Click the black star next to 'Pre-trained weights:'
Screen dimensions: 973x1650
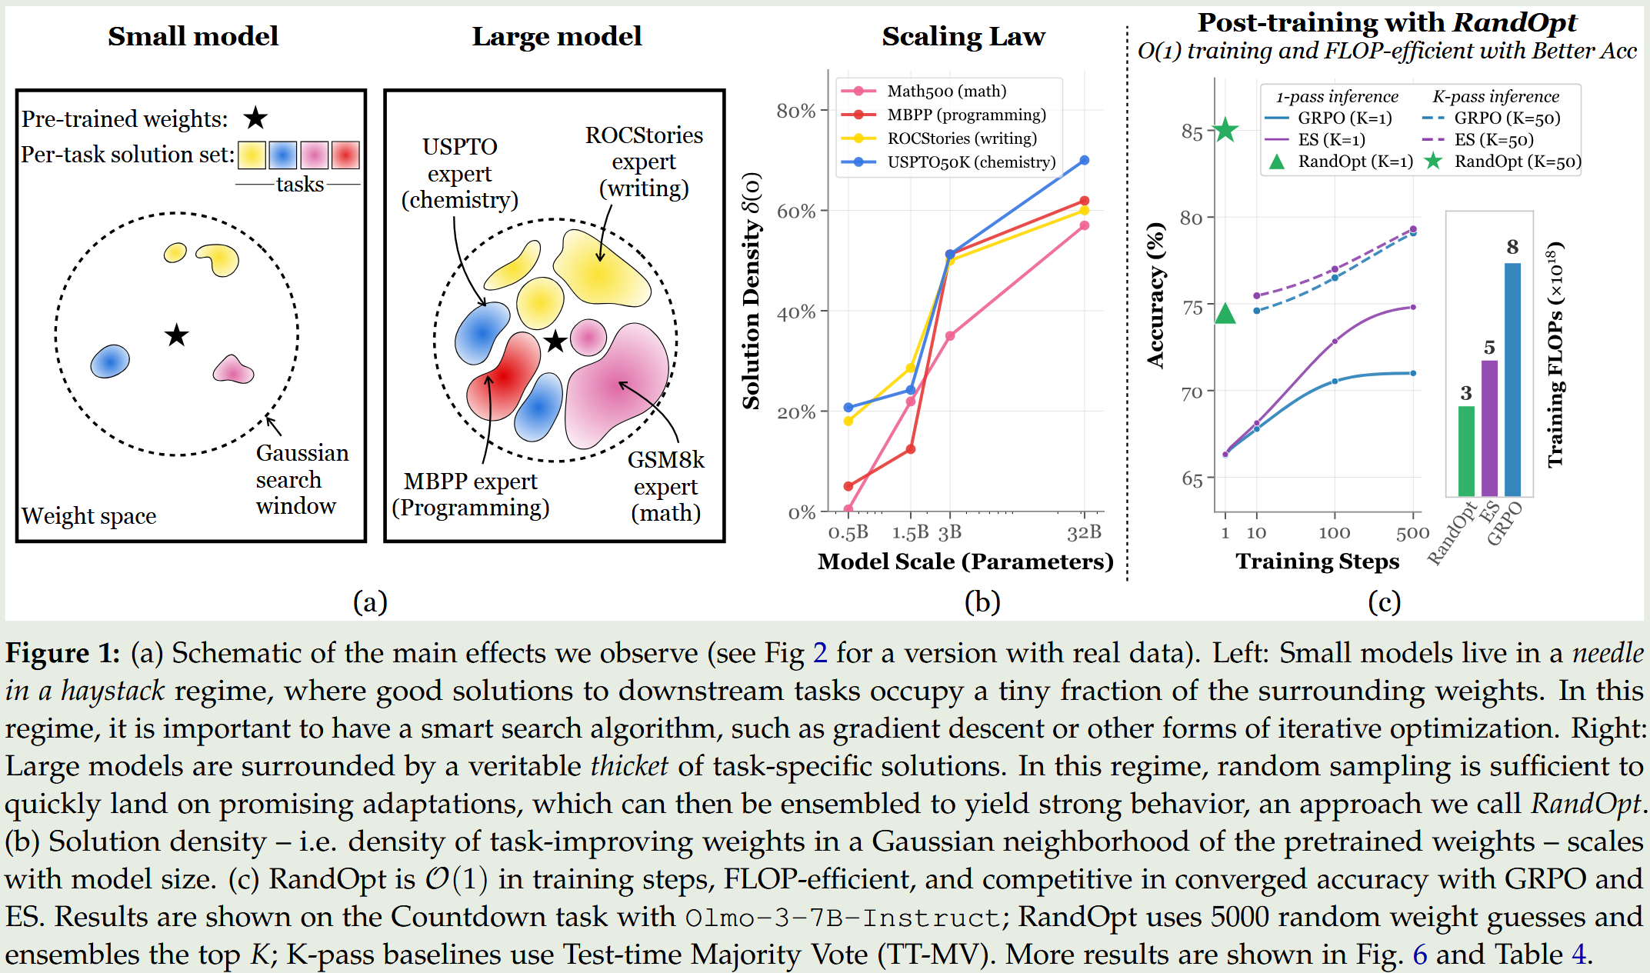pos(255,118)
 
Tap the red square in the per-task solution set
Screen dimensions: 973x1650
pos(345,155)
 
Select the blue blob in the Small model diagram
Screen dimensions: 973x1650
pos(110,361)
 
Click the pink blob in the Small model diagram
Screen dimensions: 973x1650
pos(232,371)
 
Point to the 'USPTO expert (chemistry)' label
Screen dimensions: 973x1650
pos(460,173)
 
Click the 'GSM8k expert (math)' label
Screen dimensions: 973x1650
pos(665,486)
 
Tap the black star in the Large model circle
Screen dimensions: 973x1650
pos(555,342)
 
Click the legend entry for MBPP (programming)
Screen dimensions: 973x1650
pos(966,115)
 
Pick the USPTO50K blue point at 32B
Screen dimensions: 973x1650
pos(1085,160)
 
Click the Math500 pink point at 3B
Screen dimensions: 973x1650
pos(950,336)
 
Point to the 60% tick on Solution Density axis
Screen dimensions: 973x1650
pos(796,212)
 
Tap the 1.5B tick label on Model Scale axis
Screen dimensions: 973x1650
pos(910,532)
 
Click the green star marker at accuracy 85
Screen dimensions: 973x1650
pos(1225,130)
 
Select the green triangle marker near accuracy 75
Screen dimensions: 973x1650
pos(1225,313)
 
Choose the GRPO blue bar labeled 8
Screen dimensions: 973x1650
pos(1512,379)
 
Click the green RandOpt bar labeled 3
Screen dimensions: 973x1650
pos(1466,451)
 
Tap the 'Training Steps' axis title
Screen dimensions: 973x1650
pos(1317,561)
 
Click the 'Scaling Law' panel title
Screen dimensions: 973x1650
pos(963,36)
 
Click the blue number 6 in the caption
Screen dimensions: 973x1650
pos(1420,954)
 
